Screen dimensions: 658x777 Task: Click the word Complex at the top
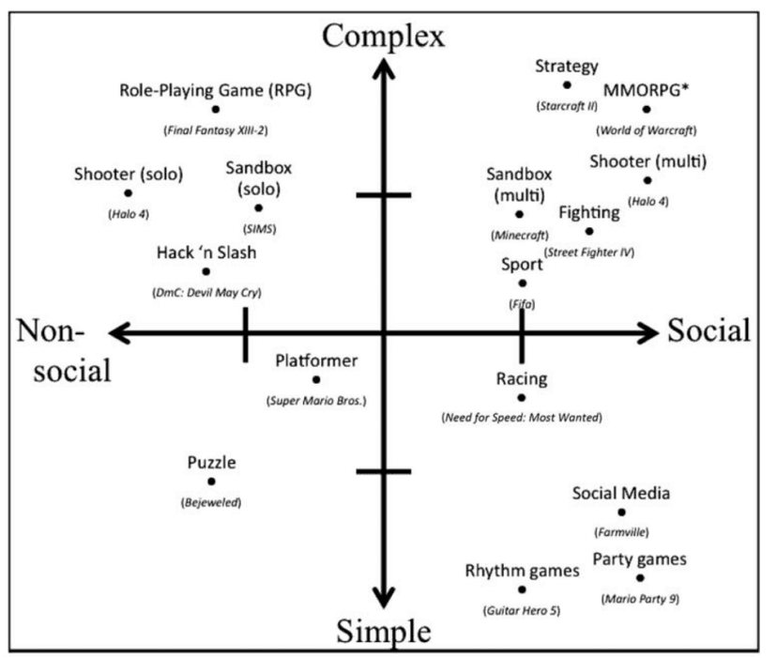click(x=382, y=36)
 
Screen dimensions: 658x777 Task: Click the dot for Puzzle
click(x=211, y=482)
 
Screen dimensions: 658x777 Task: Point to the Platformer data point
click(x=316, y=379)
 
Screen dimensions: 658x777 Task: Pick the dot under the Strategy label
click(x=567, y=85)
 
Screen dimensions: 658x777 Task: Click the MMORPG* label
click(x=644, y=90)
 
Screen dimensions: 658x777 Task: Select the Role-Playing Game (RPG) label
click(x=215, y=91)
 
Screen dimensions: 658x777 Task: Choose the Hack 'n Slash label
click(x=206, y=252)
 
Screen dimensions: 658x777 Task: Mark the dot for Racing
click(x=522, y=397)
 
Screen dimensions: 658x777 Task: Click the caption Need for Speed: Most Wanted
click(x=521, y=417)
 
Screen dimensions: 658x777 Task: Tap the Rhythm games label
click(x=522, y=571)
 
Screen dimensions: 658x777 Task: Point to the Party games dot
click(x=640, y=578)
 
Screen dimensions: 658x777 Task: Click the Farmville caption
click(x=621, y=532)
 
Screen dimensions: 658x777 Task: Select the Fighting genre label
click(x=588, y=212)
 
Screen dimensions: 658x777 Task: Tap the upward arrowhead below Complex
click(x=382, y=68)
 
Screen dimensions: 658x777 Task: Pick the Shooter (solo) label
click(x=128, y=174)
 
